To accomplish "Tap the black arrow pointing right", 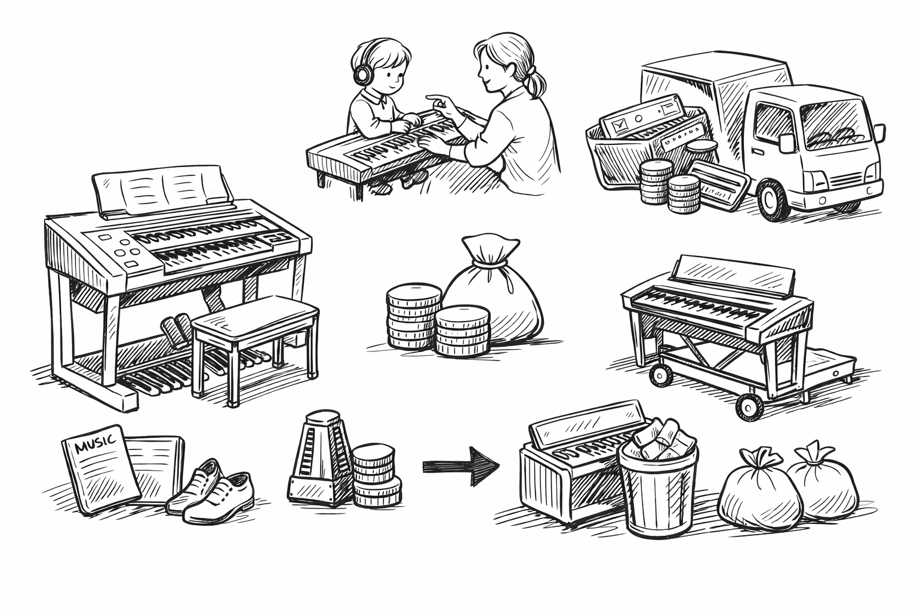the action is click(x=461, y=466).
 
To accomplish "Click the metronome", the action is click(x=320, y=458).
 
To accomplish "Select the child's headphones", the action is click(x=362, y=73).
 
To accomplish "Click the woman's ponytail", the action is click(x=536, y=81).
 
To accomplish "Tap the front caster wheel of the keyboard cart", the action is click(x=749, y=406).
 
